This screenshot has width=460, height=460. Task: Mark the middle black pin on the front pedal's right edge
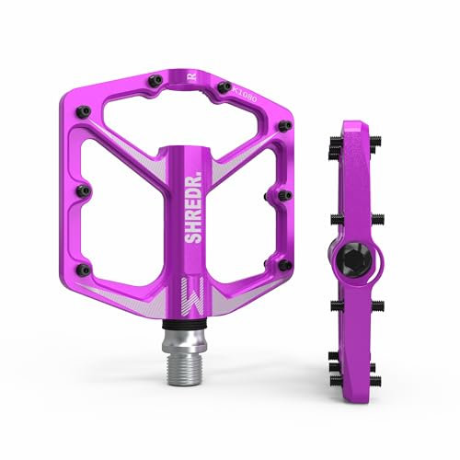pyautogui.click(x=277, y=193)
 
